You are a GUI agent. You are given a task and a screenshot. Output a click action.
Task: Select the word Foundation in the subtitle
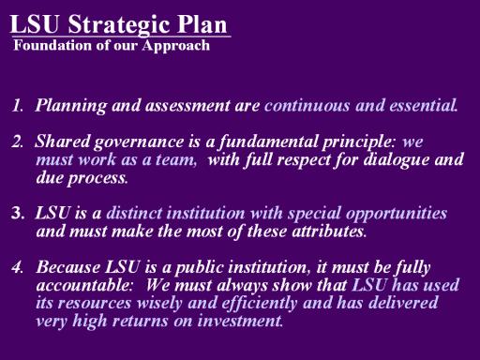click(x=52, y=45)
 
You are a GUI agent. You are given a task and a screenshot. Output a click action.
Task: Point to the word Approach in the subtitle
click(x=175, y=46)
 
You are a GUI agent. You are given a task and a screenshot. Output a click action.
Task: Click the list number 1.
click(x=17, y=105)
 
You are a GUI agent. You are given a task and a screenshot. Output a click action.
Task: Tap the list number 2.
click(x=17, y=142)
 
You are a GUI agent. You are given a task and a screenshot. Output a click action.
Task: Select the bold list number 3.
click(x=18, y=213)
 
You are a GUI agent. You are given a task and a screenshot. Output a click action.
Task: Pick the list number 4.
click(x=17, y=267)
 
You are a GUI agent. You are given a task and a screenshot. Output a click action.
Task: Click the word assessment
click(x=187, y=106)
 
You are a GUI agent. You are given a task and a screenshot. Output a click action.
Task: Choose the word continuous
click(x=307, y=105)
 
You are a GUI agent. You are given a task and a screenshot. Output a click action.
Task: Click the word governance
click(x=139, y=142)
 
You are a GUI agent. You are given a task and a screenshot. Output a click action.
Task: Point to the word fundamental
click(x=267, y=142)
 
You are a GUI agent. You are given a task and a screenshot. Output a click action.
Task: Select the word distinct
click(x=134, y=213)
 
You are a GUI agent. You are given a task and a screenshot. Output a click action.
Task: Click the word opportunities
click(x=397, y=215)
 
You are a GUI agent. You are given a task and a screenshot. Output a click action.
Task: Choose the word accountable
click(x=84, y=285)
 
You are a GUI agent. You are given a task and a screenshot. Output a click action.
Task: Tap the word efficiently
click(x=259, y=304)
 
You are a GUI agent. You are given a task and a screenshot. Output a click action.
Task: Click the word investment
click(x=240, y=322)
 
